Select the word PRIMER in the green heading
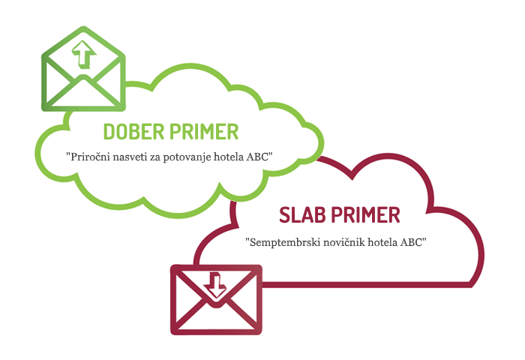pos(205,132)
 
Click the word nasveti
pos(133,157)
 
